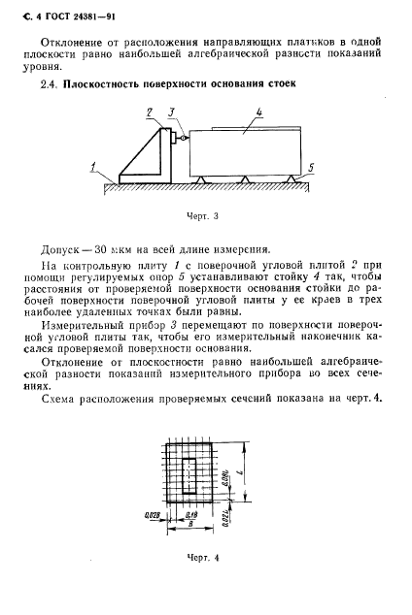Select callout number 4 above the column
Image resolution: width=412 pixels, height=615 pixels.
(x=259, y=113)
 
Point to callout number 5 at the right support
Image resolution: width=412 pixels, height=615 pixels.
(x=311, y=168)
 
